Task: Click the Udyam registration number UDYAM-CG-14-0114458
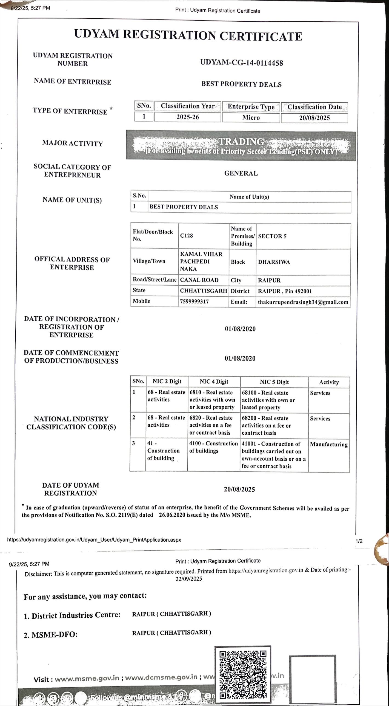(241, 63)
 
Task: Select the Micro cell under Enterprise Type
(251, 118)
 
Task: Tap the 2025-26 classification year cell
(188, 117)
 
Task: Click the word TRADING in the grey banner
(241, 142)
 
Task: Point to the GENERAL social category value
(241, 173)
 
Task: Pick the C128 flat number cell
(187, 236)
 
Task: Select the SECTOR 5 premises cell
(272, 236)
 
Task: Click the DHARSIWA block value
(274, 262)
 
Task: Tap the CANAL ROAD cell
(199, 280)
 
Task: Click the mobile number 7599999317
(194, 302)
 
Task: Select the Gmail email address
(303, 302)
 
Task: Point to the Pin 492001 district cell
(285, 291)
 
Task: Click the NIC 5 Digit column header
(274, 382)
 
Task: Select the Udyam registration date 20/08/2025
(239, 490)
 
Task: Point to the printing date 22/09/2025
(189, 579)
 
